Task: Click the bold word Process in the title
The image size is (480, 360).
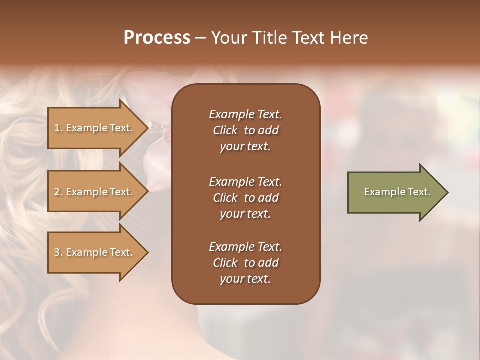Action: (x=157, y=38)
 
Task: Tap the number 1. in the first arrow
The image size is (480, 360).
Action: (x=58, y=128)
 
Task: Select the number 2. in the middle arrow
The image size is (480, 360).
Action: (x=58, y=192)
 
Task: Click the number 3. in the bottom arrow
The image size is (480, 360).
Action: (x=58, y=252)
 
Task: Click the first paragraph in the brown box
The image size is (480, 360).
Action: (x=245, y=130)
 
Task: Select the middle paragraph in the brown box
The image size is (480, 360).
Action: (x=245, y=197)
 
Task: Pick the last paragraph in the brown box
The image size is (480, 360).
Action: (x=245, y=263)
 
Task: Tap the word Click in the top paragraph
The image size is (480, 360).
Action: (x=225, y=130)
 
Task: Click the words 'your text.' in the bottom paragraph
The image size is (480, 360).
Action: (x=245, y=279)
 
